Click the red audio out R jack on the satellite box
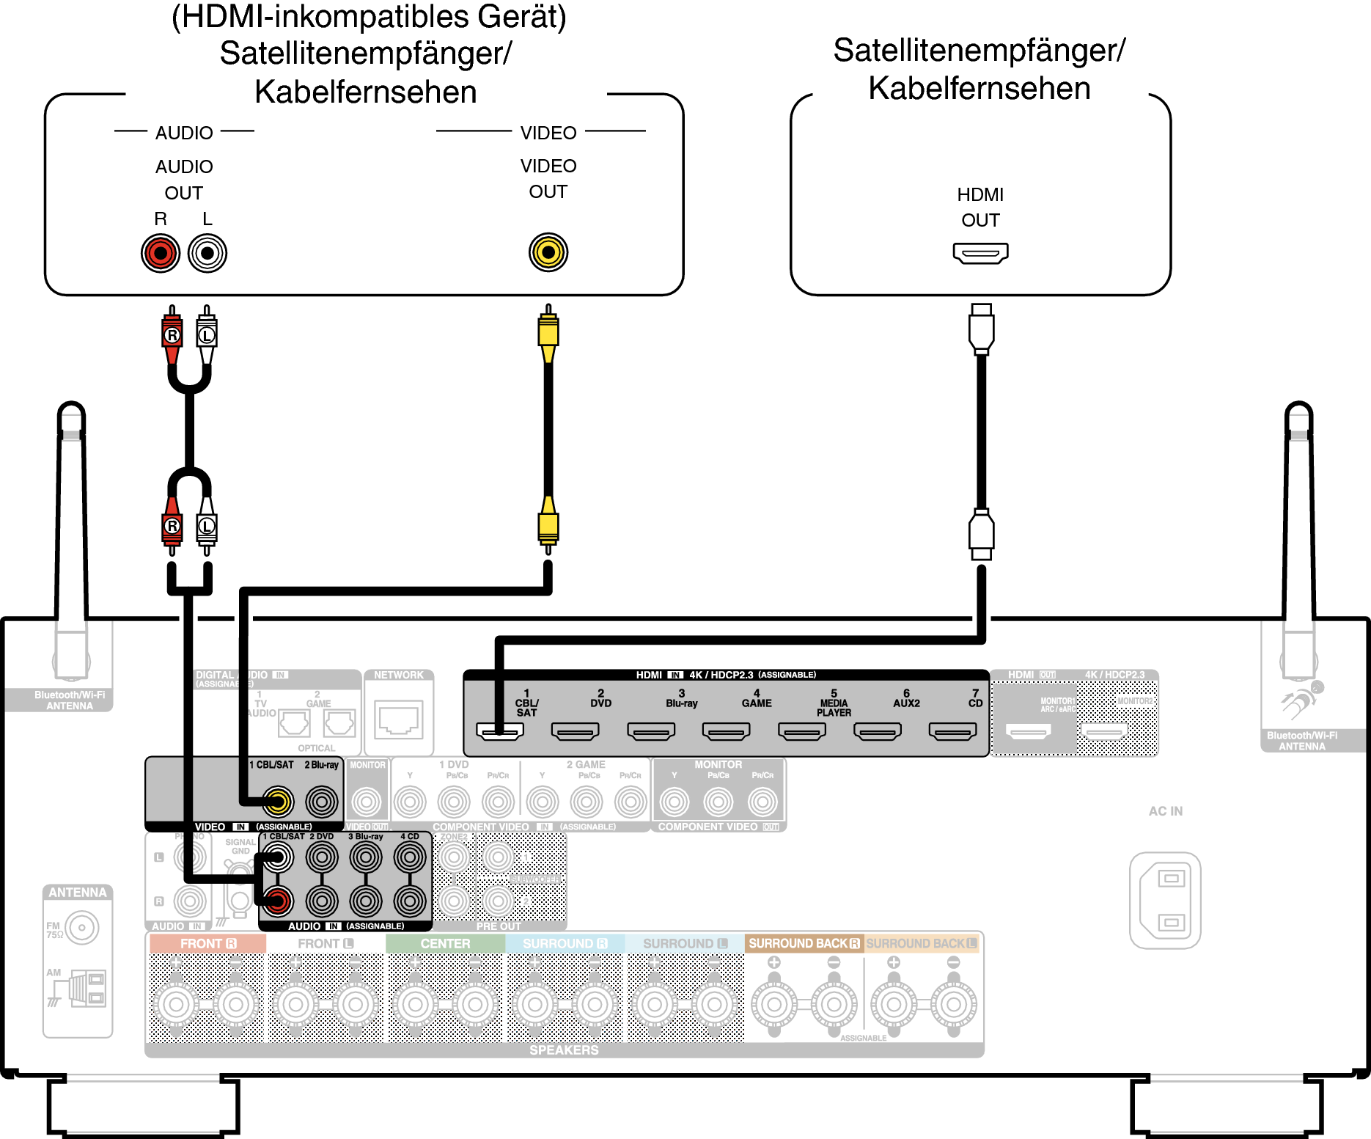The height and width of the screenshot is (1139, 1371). click(x=161, y=253)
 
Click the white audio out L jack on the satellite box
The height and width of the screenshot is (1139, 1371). click(x=207, y=253)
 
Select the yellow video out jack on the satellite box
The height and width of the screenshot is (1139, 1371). click(x=548, y=252)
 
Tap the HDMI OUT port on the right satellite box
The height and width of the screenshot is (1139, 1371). click(x=980, y=253)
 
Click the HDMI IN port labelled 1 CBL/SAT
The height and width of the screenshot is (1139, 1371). click(x=500, y=731)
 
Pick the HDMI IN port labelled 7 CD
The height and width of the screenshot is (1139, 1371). click(x=952, y=731)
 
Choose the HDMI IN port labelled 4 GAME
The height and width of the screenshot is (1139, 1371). click(x=726, y=731)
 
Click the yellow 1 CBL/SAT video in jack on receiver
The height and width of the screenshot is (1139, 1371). click(x=278, y=802)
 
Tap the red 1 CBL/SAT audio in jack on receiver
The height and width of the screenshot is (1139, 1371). click(x=278, y=901)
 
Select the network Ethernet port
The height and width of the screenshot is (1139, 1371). click(x=399, y=719)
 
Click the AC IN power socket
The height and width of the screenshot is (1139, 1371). click(x=1165, y=900)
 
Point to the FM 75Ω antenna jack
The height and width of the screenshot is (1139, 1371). click(x=81, y=928)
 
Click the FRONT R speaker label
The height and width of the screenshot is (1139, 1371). click(x=208, y=944)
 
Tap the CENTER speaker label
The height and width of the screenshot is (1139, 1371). click(x=445, y=944)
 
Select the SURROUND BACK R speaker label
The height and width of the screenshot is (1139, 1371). click(x=804, y=944)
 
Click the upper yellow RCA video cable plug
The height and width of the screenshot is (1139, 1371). click(x=548, y=332)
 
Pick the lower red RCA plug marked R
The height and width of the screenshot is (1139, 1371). click(x=172, y=526)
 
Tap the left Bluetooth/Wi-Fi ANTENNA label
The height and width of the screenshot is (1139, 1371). click(x=70, y=700)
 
